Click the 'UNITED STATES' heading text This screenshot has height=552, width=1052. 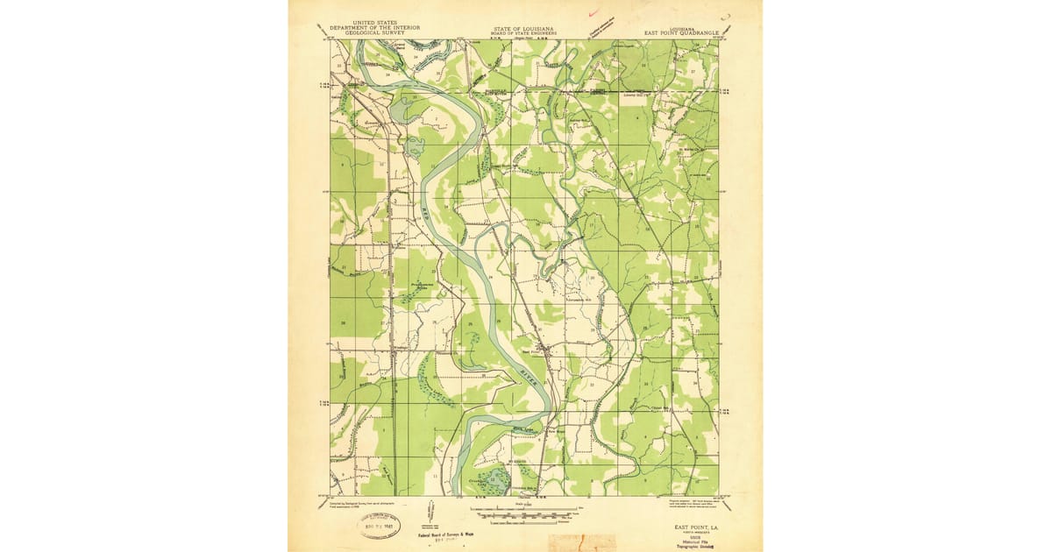(x=374, y=23)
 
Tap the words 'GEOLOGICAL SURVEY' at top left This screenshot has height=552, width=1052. (x=374, y=32)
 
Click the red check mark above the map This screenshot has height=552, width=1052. (x=594, y=12)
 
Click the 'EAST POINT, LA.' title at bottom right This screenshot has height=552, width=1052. (x=695, y=527)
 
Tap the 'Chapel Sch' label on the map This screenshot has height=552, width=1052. (x=659, y=408)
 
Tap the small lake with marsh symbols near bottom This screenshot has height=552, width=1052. (x=495, y=479)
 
